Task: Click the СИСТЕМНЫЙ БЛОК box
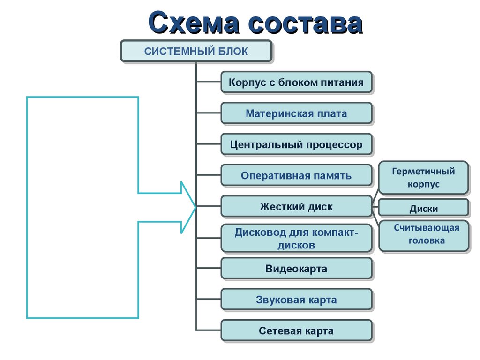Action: tap(196, 51)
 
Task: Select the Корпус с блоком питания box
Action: tap(296, 82)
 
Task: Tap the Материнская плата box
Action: tap(296, 113)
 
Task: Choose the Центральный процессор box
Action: tap(296, 144)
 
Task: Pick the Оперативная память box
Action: tap(296, 176)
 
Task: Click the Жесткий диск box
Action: tap(296, 206)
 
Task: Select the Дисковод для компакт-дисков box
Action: tap(296, 238)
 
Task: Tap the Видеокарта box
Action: tap(296, 269)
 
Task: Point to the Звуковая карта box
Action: tap(296, 300)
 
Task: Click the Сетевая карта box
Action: tap(296, 330)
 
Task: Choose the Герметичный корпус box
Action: tap(423, 177)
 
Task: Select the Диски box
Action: tap(423, 209)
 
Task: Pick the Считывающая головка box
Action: tap(423, 235)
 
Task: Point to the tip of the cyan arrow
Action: tap(195, 206)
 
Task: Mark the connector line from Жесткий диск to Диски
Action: tap(375, 206)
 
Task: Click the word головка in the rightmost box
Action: tap(427, 241)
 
